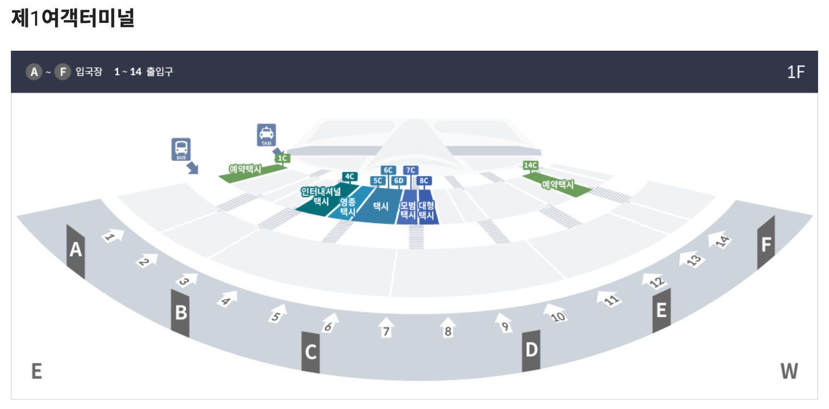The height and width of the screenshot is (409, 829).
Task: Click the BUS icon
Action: click(181, 149)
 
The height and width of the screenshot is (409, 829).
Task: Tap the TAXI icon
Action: click(266, 135)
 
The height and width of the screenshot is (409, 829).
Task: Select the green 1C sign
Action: click(282, 158)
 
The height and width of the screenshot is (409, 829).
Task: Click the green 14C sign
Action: click(531, 165)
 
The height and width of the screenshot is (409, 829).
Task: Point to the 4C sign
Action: click(350, 176)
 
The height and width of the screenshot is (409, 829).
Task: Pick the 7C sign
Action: click(411, 170)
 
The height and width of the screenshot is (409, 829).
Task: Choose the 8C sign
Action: click(424, 181)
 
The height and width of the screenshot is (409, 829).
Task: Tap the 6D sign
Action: click(399, 181)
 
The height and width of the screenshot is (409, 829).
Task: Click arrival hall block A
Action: click(76, 251)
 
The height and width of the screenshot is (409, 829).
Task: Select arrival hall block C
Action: click(311, 352)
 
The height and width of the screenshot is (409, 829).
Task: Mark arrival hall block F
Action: click(766, 244)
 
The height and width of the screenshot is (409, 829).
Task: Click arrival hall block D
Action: click(531, 350)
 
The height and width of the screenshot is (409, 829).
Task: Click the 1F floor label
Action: click(796, 72)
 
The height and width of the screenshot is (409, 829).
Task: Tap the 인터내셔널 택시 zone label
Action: click(321, 196)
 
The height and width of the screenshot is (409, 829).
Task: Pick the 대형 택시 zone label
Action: click(426, 210)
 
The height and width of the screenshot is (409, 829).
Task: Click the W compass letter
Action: click(789, 371)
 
